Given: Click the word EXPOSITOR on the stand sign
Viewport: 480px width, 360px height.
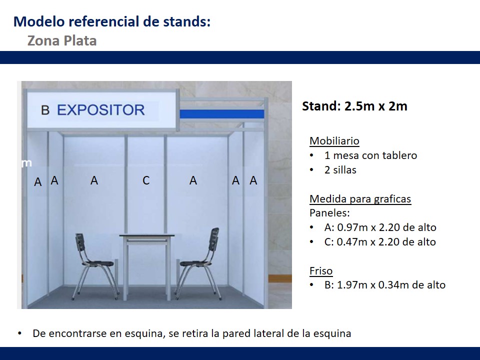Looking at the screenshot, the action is [x=100, y=110].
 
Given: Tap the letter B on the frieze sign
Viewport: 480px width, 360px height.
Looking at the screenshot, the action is [x=45, y=110].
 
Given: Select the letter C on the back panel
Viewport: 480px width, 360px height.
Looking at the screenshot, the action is [x=146, y=180].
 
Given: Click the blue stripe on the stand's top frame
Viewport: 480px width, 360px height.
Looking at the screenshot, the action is [x=221, y=114].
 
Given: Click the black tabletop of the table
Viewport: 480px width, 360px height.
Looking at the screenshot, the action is [x=146, y=235].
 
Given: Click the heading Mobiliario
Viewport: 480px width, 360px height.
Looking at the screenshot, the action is [x=334, y=141].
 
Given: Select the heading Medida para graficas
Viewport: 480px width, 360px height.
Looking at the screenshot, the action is [x=360, y=199].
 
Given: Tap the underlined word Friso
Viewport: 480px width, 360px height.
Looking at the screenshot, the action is [x=321, y=271].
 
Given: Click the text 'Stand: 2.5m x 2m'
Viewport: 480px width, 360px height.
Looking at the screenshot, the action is [x=354, y=106].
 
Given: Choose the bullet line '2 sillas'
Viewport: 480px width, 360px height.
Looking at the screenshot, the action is [x=340, y=170].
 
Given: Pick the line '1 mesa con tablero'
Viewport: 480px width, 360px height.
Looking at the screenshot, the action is [x=370, y=155].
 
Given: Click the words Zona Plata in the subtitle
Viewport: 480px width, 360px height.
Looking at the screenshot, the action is [x=62, y=40].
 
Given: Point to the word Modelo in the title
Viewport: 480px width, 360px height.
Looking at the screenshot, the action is [x=39, y=21].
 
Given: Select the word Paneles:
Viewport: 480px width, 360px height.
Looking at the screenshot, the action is [x=329, y=213].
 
